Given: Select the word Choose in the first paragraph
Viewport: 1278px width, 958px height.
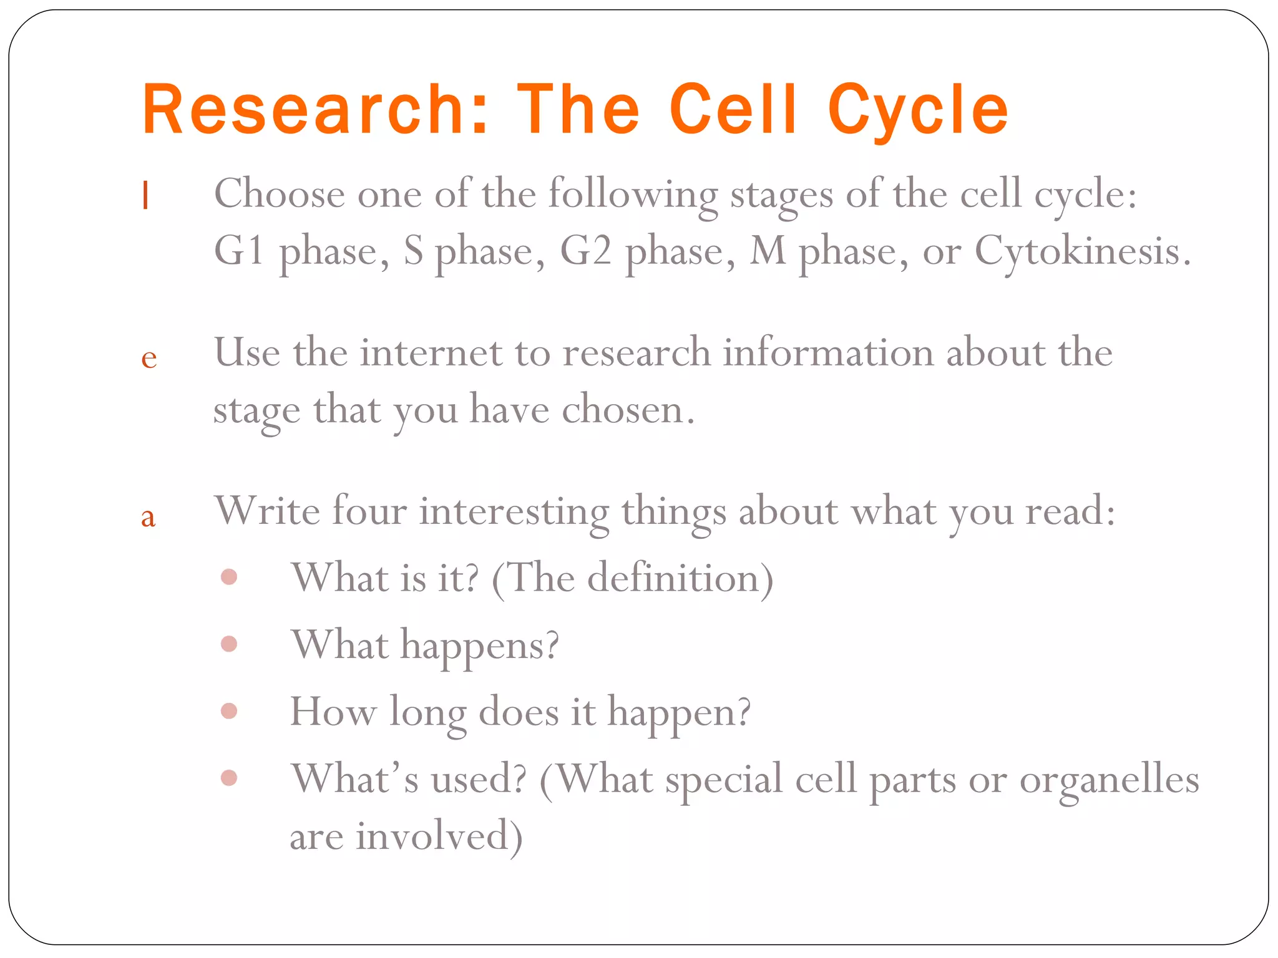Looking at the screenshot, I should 279,194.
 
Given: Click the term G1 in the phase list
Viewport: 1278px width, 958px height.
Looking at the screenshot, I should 238,251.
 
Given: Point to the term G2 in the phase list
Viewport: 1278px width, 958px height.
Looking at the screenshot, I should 585,251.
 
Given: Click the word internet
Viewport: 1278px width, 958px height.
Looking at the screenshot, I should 431,353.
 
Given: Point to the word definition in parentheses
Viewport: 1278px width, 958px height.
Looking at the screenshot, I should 673,578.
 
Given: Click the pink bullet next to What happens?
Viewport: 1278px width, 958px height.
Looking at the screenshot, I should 229,644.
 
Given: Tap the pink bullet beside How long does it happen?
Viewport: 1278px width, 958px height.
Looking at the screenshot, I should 229,711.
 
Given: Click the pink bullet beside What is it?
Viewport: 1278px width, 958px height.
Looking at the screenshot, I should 229,577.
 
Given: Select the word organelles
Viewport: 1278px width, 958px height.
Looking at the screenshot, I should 1109,780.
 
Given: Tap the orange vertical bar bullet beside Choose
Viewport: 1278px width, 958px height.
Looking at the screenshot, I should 145,195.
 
